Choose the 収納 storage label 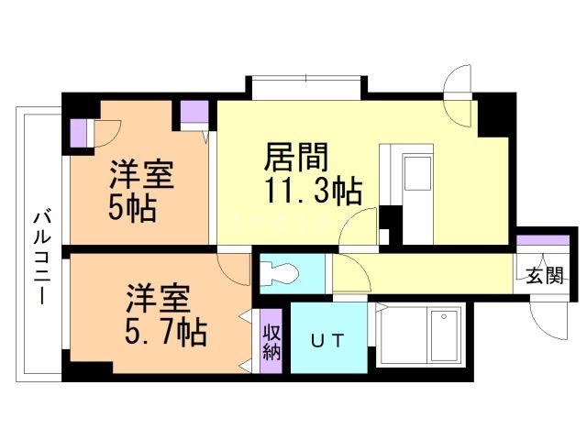pos(271,341)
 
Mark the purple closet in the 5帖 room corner pos(78,133)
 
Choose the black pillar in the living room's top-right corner pos(496,114)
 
